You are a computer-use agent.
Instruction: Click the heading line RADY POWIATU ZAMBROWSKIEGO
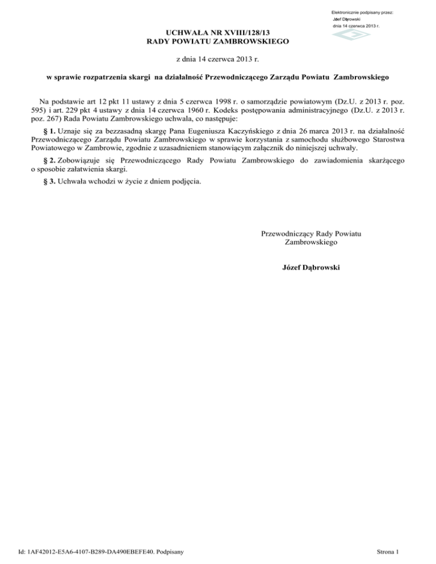pos(218,41)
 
